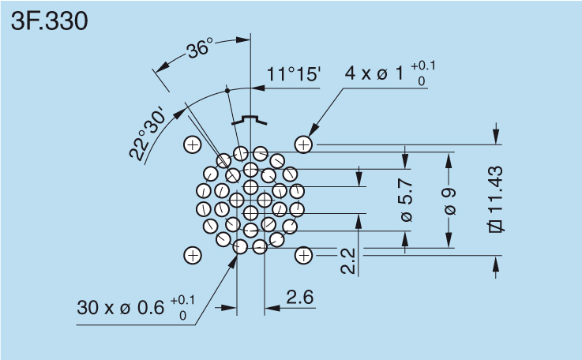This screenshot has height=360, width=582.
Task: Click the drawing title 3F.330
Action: pos(49,21)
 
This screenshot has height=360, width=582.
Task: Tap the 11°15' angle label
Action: pos(293,75)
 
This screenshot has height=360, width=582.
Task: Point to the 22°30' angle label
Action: pos(149,133)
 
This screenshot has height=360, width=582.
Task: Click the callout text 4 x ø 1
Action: pos(374,74)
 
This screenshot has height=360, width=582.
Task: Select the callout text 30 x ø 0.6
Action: pos(121,307)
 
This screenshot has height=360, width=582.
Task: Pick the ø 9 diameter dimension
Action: pos(449,201)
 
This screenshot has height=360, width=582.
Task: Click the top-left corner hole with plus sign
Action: pos(192,144)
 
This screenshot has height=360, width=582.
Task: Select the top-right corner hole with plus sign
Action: pos(304,144)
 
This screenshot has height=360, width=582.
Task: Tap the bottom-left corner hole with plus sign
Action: pos(192,255)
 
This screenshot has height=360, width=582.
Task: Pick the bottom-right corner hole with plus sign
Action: pos(304,255)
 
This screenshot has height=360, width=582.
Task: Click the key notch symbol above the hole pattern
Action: pos(250,120)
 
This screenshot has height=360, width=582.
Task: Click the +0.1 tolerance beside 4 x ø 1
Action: pos(422,65)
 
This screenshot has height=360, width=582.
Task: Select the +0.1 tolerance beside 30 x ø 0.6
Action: pos(182,299)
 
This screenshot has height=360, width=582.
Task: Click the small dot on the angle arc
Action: pos(227,91)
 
